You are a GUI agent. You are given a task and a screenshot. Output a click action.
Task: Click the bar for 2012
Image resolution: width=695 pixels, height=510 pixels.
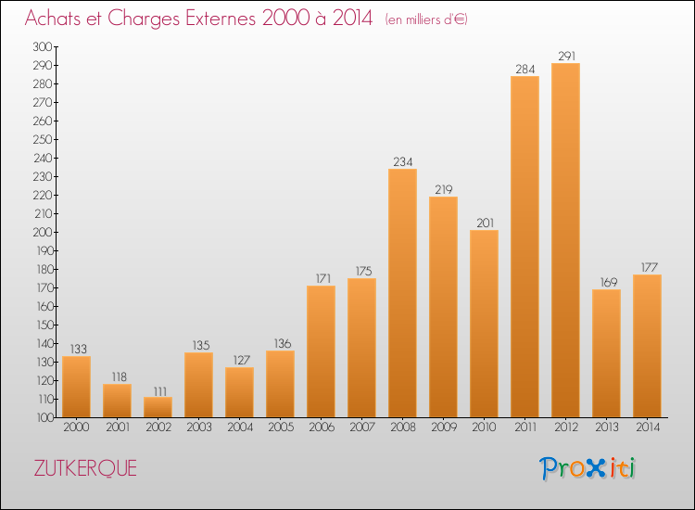click(565, 240)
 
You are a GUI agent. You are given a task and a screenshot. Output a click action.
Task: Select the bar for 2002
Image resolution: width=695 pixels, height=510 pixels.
click(158, 407)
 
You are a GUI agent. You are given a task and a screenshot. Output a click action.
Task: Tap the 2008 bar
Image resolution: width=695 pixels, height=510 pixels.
click(402, 293)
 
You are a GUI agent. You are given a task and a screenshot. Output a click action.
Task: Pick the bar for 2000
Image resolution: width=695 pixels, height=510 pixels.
click(76, 387)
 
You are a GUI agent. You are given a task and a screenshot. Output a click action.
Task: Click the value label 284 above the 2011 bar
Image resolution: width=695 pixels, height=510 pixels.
click(524, 70)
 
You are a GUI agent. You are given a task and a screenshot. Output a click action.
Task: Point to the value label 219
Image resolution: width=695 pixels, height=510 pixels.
click(443, 190)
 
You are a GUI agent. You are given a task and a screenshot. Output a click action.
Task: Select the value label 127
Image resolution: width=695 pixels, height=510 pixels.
click(242, 360)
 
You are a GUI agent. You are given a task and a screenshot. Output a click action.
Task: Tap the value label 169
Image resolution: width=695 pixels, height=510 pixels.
click(609, 283)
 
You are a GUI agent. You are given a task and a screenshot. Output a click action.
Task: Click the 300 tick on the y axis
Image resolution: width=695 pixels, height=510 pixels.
click(42, 46)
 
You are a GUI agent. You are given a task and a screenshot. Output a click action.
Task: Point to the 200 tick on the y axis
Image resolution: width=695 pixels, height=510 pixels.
click(42, 233)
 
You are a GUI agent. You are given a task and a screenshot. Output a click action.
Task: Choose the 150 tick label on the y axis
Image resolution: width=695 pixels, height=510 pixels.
click(44, 325)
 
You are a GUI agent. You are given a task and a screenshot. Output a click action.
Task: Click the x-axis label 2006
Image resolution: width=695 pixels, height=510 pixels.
click(322, 427)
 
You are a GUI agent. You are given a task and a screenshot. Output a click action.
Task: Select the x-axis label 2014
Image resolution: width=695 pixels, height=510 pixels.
click(648, 427)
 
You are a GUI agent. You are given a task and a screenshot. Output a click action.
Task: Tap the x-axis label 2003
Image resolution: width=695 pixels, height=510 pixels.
click(199, 427)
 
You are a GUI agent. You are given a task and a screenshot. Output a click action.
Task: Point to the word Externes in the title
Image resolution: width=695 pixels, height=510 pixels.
click(221, 18)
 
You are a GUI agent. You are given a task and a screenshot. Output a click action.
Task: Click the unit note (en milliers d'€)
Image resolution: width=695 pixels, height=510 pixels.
click(426, 19)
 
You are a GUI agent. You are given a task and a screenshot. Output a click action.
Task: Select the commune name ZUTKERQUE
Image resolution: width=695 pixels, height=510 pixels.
click(85, 468)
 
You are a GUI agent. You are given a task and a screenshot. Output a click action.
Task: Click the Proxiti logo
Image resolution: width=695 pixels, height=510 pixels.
click(587, 468)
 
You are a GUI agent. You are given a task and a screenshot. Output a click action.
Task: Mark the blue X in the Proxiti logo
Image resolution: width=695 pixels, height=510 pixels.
click(595, 469)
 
